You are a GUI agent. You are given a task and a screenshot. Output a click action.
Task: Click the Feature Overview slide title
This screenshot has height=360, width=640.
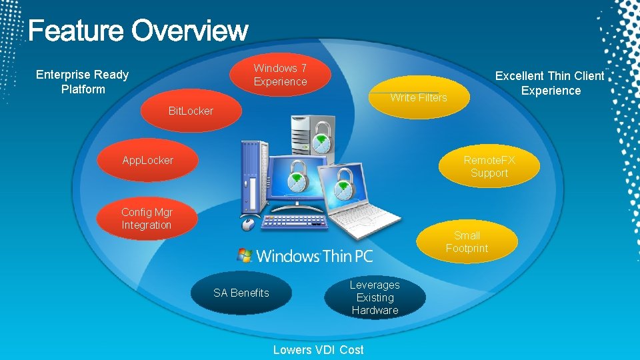click(x=138, y=31)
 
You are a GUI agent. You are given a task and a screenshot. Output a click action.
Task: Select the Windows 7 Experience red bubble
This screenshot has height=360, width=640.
click(x=280, y=75)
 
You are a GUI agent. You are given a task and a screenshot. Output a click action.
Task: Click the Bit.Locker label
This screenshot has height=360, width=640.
click(x=191, y=111)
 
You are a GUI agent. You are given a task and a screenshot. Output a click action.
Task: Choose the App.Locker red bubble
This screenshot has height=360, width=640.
click(x=148, y=160)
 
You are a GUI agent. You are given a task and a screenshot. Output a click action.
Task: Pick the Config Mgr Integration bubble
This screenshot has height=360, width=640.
click(x=147, y=219)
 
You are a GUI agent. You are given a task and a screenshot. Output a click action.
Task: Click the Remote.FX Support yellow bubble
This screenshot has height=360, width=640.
click(x=489, y=167)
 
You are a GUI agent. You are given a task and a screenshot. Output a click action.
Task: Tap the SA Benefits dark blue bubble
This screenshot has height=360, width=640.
click(x=241, y=293)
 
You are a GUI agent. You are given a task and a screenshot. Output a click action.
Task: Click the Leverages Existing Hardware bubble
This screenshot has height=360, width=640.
click(x=375, y=297)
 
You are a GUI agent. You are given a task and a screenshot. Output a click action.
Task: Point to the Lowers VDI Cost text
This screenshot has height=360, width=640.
click(x=318, y=350)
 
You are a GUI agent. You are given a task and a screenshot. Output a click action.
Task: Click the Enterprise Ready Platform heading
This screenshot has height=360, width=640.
click(x=82, y=81)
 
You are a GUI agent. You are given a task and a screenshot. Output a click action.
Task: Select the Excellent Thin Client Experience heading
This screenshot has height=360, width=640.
click(x=550, y=83)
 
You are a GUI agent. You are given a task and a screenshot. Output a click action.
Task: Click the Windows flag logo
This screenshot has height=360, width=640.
click(x=245, y=255)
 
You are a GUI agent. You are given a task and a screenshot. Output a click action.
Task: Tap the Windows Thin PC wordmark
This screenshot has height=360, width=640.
click(x=314, y=255)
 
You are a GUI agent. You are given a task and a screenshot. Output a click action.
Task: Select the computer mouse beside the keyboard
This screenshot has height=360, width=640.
click(x=248, y=223)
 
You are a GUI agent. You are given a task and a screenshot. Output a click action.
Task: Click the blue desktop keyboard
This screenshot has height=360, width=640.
click(x=293, y=222)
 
